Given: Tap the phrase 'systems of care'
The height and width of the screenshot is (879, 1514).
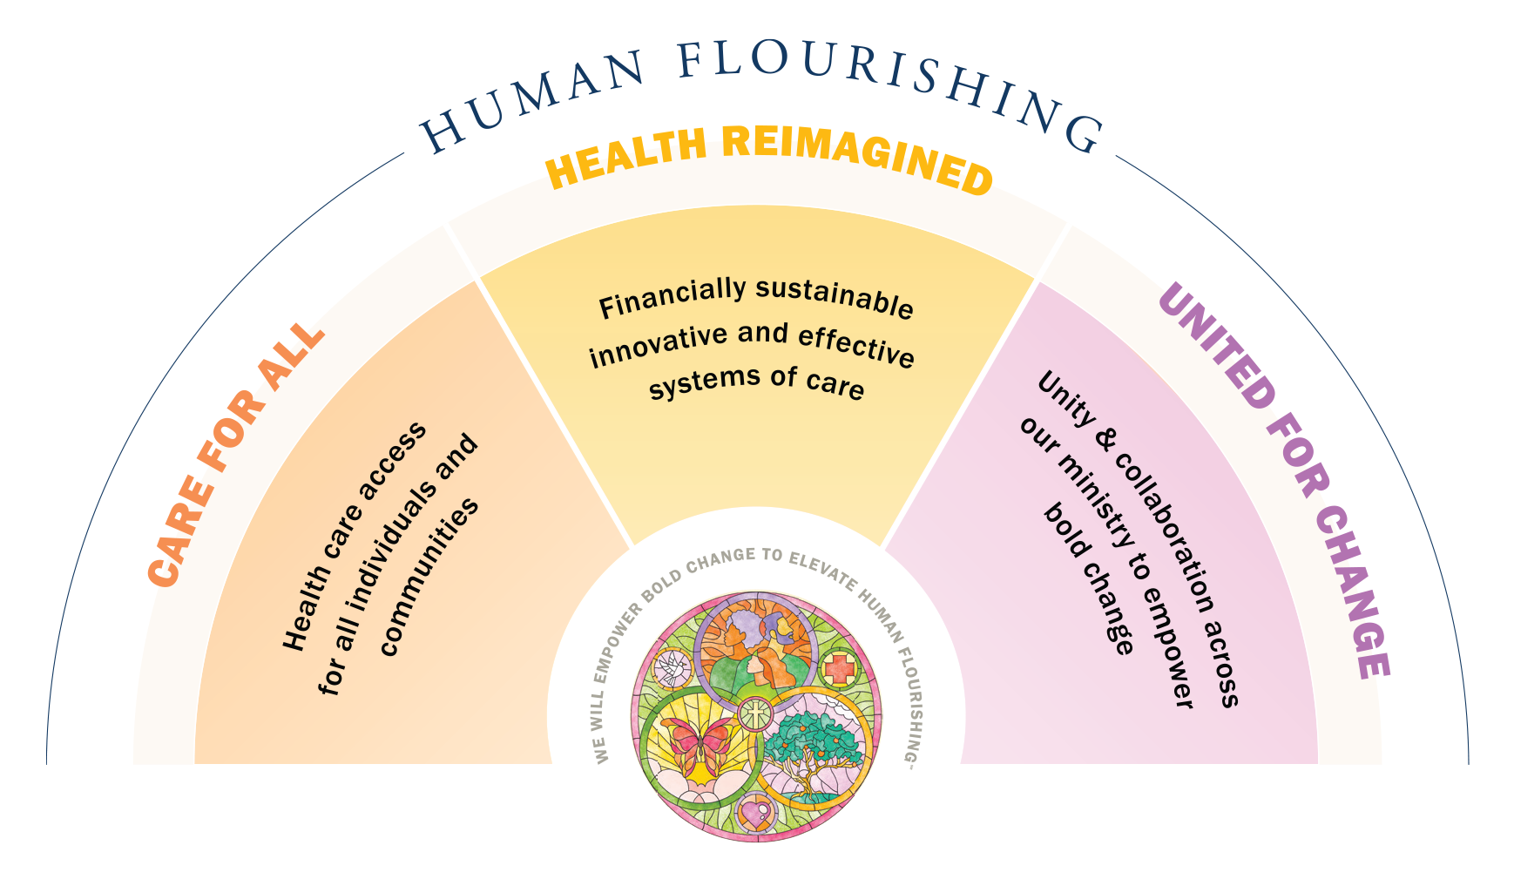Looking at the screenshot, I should tap(756, 382).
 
